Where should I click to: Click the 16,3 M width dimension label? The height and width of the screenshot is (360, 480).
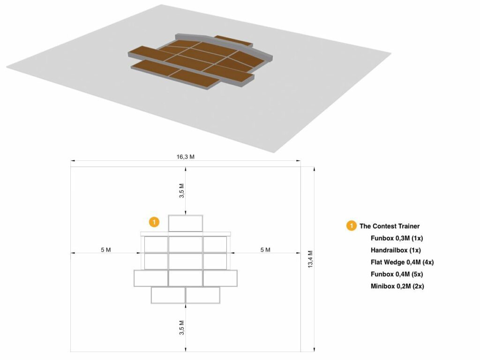click(185, 157)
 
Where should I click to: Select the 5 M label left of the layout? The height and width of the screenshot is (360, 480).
click(105, 250)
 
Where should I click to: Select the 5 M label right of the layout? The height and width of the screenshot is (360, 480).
click(265, 250)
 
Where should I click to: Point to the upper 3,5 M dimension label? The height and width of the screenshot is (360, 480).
click(182, 191)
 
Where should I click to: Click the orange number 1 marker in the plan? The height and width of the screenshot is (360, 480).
click(154, 222)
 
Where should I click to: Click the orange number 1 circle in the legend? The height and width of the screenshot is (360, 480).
click(351, 226)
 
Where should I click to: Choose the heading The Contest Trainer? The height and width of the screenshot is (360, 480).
click(390, 226)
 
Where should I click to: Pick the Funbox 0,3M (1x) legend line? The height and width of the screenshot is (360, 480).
click(397, 238)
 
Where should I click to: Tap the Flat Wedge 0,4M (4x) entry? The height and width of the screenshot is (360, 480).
click(402, 262)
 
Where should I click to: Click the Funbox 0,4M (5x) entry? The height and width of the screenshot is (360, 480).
click(397, 274)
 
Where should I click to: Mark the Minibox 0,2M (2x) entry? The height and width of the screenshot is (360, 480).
click(397, 286)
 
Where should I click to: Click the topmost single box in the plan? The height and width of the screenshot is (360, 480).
click(185, 223)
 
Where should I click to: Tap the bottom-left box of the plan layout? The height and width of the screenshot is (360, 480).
click(168, 295)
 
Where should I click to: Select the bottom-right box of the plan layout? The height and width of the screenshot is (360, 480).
click(203, 295)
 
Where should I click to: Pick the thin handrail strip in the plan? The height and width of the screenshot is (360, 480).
click(186, 233)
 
